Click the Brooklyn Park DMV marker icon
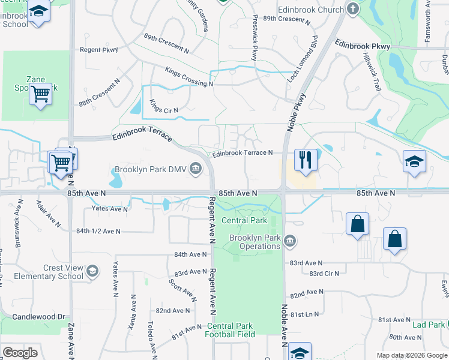point(196,170)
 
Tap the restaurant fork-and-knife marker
point(306,160)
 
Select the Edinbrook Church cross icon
point(353,9)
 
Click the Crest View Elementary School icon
point(92,271)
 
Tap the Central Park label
point(244,220)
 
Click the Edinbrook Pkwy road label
point(363,45)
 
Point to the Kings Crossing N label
point(189,77)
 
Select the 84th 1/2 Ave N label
point(98,231)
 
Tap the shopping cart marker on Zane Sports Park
point(40,94)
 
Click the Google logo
point(20,353)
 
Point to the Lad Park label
point(429,325)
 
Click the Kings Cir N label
point(164,106)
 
